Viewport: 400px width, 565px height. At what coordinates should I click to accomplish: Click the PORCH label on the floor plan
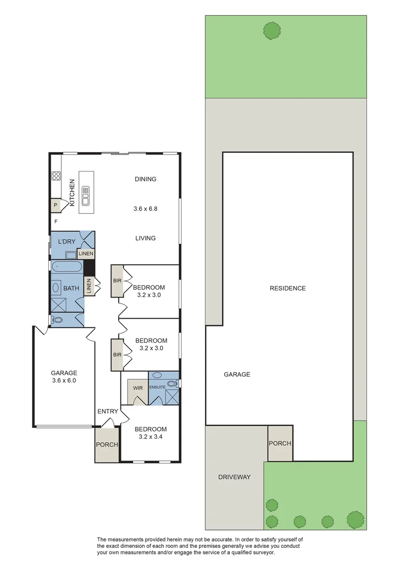coord(107,445)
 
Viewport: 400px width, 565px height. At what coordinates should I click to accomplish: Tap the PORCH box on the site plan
coord(280,443)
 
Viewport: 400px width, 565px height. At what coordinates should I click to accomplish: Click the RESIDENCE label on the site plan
coord(287,288)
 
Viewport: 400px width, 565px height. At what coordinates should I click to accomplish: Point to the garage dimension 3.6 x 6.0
coord(63,381)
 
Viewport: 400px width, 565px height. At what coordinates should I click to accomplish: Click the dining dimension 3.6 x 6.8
coord(146,208)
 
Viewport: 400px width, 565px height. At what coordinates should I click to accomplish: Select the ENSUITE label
coord(158,387)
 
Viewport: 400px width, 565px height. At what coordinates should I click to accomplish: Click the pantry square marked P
coord(55,206)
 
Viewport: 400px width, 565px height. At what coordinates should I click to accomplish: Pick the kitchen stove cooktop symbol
coord(56,177)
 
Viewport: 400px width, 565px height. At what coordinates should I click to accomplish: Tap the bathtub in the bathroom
coord(66,267)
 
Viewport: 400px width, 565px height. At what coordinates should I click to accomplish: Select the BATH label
coord(71,288)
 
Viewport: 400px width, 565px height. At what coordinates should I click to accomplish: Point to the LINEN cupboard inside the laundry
coord(86,254)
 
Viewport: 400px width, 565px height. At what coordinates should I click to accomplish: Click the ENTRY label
coord(108,411)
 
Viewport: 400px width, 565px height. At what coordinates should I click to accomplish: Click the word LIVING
coord(146,238)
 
